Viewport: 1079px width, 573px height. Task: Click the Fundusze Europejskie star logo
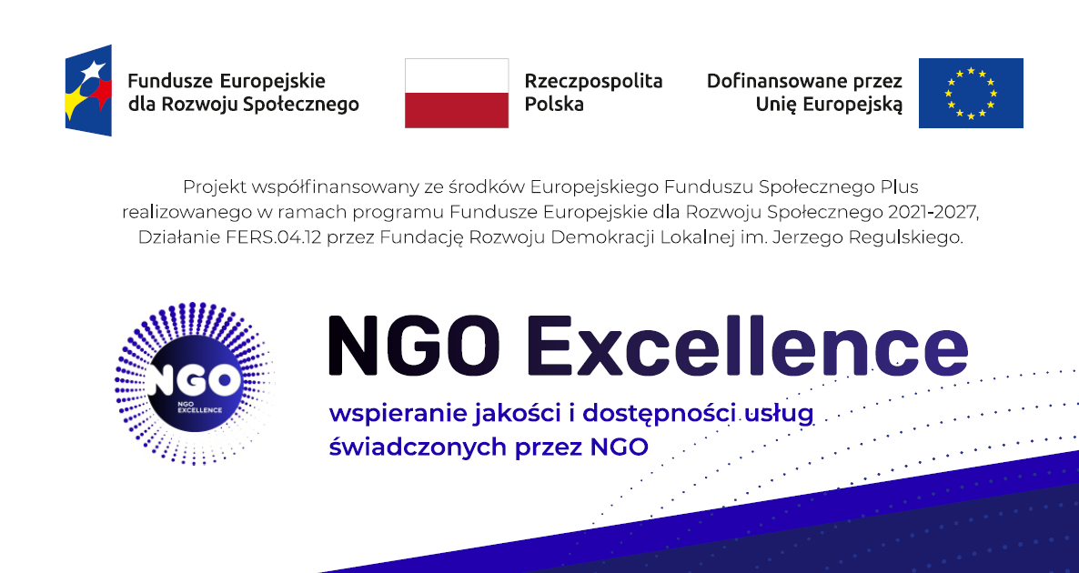pos(89,90)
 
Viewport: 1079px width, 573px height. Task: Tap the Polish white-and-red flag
pos(456,93)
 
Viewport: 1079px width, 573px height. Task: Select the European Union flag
pos(971,93)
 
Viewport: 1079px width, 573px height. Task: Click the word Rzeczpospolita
pos(593,81)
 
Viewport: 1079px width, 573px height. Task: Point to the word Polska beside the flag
pos(554,104)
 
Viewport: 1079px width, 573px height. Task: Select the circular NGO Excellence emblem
pos(195,383)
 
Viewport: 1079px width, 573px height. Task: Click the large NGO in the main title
pos(414,346)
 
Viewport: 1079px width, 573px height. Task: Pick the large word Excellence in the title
pos(747,346)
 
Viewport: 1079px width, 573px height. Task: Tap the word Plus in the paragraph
pos(900,186)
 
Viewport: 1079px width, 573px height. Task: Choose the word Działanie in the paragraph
pos(179,237)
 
